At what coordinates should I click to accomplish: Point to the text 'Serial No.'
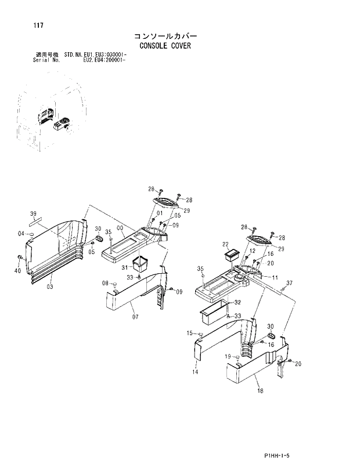click(x=47, y=60)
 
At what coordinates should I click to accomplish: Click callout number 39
click(x=33, y=214)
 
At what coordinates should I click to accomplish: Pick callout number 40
click(x=17, y=270)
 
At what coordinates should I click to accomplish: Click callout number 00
click(x=120, y=229)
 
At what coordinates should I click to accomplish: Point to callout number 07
click(x=135, y=317)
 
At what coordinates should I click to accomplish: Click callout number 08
click(x=106, y=283)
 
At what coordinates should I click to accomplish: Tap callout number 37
click(x=289, y=283)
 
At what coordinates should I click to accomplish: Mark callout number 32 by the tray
click(x=237, y=302)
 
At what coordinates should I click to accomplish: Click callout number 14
click(x=195, y=372)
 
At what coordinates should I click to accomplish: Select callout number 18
click(x=260, y=390)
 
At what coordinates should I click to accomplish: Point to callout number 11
click(x=275, y=278)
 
